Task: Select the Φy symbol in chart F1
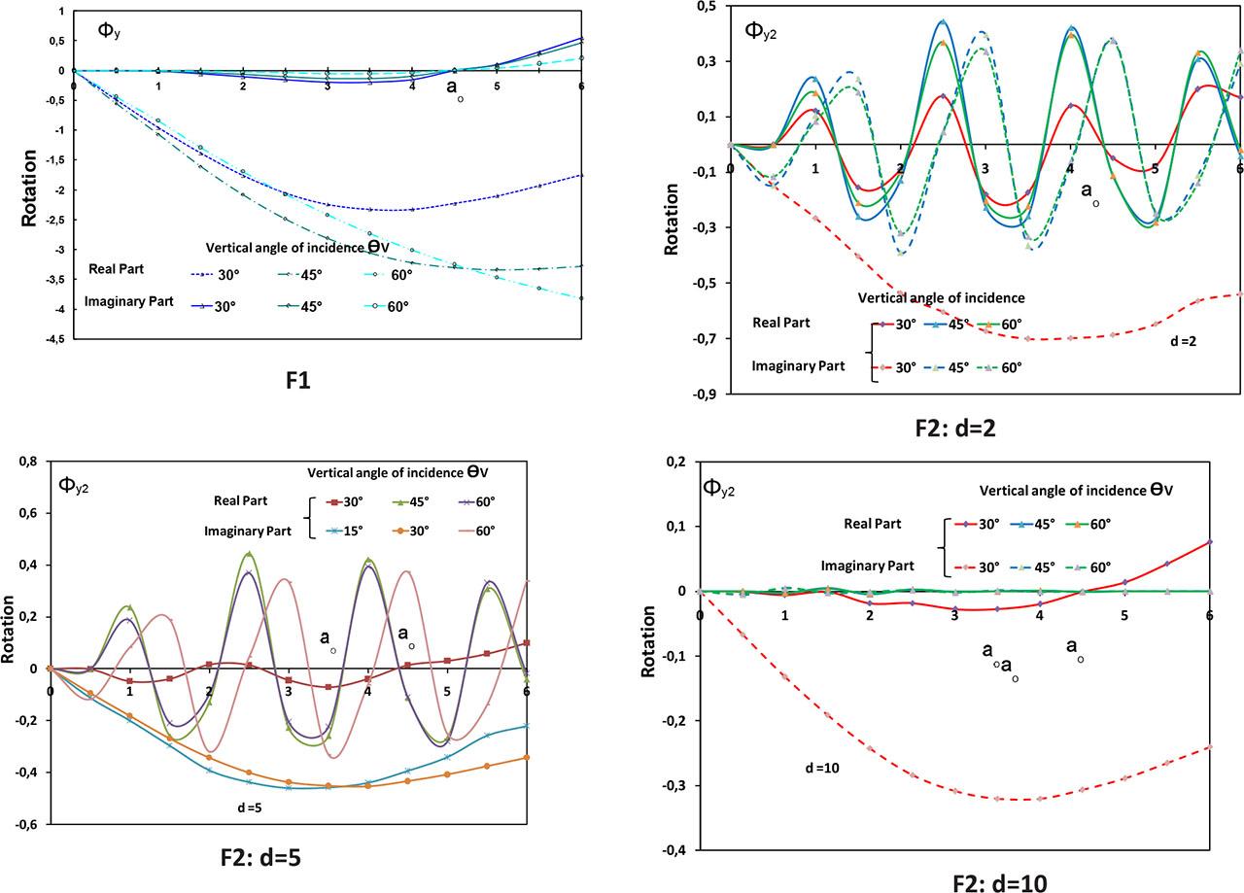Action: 109,30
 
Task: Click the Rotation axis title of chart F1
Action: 30,188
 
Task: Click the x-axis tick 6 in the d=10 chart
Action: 1210,603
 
